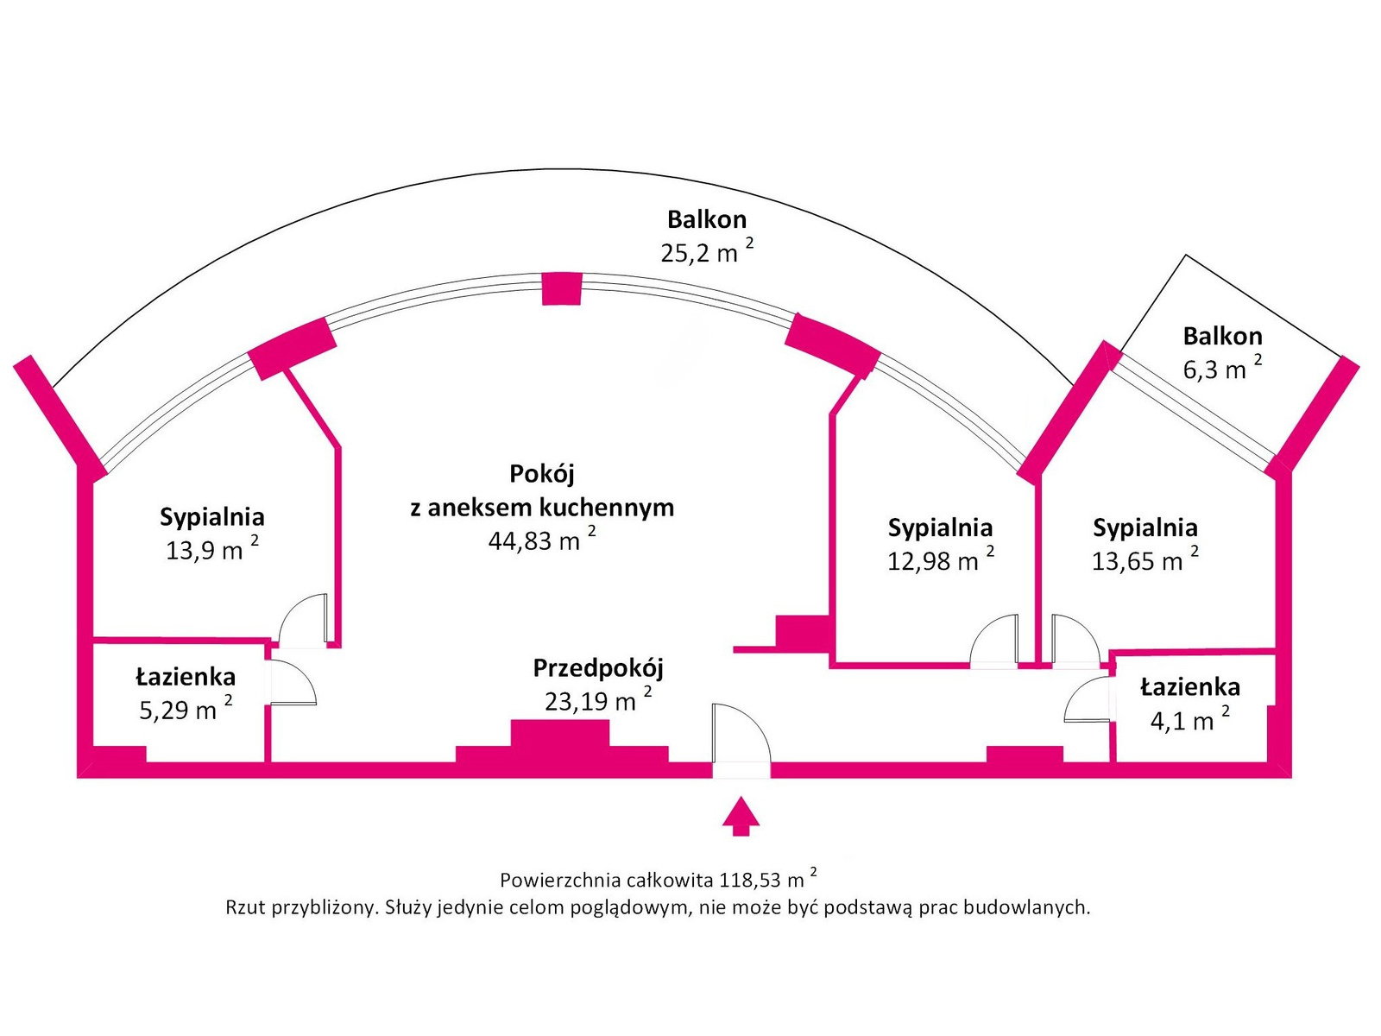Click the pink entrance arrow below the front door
(x=741, y=816)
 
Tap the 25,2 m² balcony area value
(x=707, y=250)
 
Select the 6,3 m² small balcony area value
(x=1222, y=368)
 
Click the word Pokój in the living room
(x=542, y=474)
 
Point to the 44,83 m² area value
(x=542, y=540)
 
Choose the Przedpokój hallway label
(x=598, y=668)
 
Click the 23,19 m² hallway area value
(x=598, y=700)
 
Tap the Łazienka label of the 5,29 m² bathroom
(x=186, y=677)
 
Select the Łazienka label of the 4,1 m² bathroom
(x=1190, y=687)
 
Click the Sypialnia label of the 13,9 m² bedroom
(x=212, y=517)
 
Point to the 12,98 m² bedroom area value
(x=941, y=559)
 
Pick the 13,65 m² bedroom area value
(x=1145, y=559)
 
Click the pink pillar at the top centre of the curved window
(x=562, y=288)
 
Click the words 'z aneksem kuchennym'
(x=542, y=507)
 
